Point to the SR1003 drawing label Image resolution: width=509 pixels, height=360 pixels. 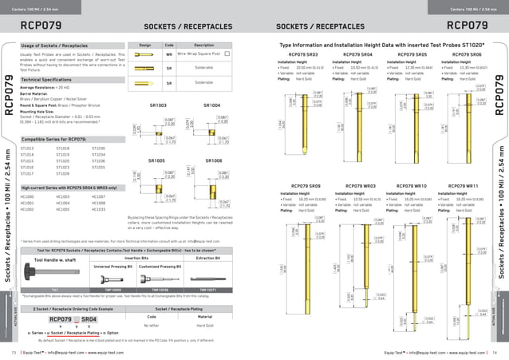[x=160, y=105]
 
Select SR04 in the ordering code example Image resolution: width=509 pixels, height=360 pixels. [x=89, y=318]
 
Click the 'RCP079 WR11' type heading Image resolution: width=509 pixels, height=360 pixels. [x=466, y=184]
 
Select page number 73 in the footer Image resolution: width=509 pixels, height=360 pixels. [x=14, y=351]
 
